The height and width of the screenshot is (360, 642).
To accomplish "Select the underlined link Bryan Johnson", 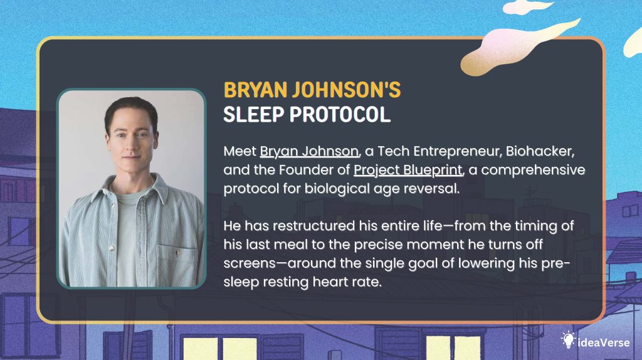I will pyautogui.click(x=309, y=152).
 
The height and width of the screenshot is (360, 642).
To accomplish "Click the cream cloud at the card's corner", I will pyautogui.click(x=527, y=44).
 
